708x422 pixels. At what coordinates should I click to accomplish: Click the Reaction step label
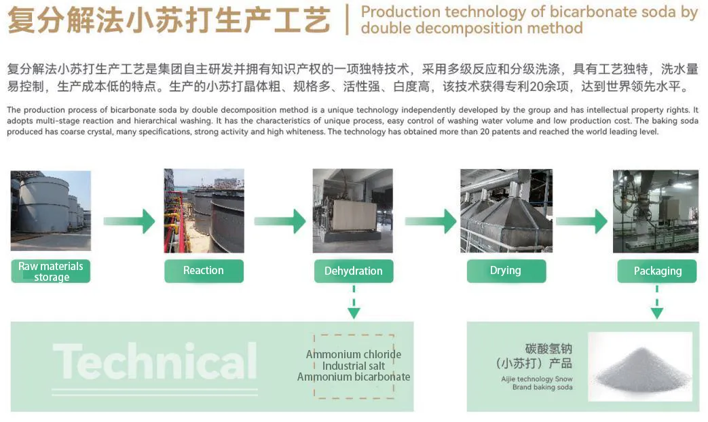point(204,271)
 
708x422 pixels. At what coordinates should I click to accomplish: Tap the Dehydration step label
point(353,271)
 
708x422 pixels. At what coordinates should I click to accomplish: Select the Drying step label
point(506,271)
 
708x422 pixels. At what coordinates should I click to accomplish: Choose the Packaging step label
point(657,271)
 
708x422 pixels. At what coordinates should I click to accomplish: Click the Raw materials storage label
point(51,271)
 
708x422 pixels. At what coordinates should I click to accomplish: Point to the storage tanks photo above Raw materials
point(51,210)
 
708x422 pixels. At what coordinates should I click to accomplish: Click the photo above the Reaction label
point(204,210)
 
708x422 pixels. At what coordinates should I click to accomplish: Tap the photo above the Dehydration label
point(352,210)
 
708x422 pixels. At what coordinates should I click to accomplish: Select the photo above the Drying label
point(506,210)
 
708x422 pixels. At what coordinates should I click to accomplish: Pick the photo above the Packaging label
point(656,210)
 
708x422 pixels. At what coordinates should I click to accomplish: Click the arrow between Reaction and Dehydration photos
point(280,221)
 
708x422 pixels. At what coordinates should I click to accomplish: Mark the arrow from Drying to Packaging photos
point(581,221)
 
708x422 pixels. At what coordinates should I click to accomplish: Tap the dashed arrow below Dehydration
point(353,303)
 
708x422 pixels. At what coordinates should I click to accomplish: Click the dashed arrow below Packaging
point(656,303)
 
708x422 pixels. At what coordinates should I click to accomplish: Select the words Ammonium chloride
point(353,355)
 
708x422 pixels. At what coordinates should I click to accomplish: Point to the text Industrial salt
point(353,366)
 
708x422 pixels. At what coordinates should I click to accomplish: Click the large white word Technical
point(155,360)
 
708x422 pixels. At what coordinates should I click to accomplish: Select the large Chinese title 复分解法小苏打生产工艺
point(169,19)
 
